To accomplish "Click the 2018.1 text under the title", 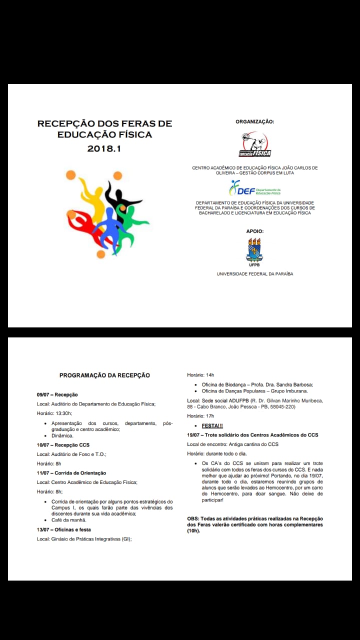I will pos(104,148).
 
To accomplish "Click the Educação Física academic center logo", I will pos(254,145).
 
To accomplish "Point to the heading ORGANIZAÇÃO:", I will pos(254,121).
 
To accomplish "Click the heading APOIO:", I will pos(254,231).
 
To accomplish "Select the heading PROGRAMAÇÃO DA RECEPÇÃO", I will pos(104,375).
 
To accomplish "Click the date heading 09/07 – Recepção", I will pos(57,394).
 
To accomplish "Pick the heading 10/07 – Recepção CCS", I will pos(63,444).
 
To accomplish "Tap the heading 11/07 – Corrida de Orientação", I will pos(71,472).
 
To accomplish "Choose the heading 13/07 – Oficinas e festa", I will pos(64,529).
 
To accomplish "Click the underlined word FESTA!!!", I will pos(212,425).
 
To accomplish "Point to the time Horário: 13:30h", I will pos(54,413).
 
